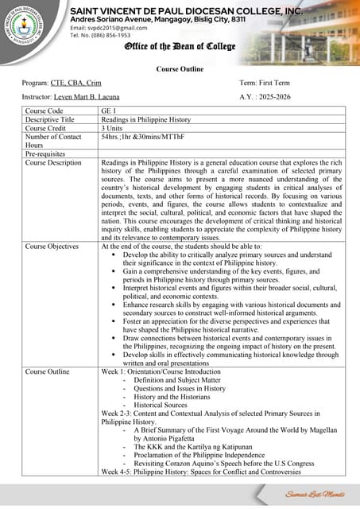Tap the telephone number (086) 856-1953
coord(101,36)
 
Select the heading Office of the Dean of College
coord(180,48)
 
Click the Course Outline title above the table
coord(180,69)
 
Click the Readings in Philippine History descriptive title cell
coord(146,119)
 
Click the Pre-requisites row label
coord(48,154)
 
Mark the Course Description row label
coord(53,163)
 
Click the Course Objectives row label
coord(52,247)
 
